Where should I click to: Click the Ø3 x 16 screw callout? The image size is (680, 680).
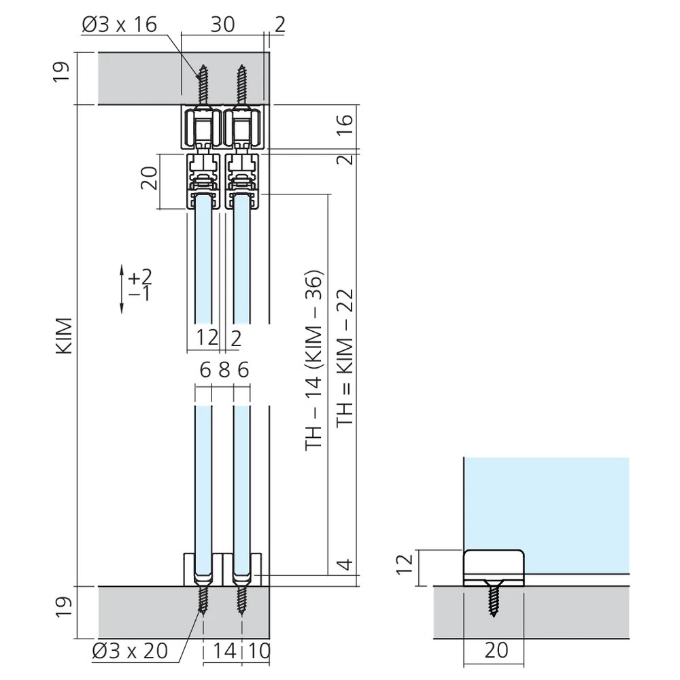119,24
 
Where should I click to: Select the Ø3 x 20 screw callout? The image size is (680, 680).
130,651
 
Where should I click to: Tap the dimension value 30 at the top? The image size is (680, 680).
223,24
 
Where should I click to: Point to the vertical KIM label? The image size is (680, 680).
64,336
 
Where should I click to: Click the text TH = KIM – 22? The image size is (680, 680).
345,358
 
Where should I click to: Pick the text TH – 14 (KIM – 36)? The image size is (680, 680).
314,360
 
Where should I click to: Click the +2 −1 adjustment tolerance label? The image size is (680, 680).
140,284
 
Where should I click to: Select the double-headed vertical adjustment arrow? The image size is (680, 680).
122,289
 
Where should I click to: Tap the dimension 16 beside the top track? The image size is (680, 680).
345,126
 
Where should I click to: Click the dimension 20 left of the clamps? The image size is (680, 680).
149,177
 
